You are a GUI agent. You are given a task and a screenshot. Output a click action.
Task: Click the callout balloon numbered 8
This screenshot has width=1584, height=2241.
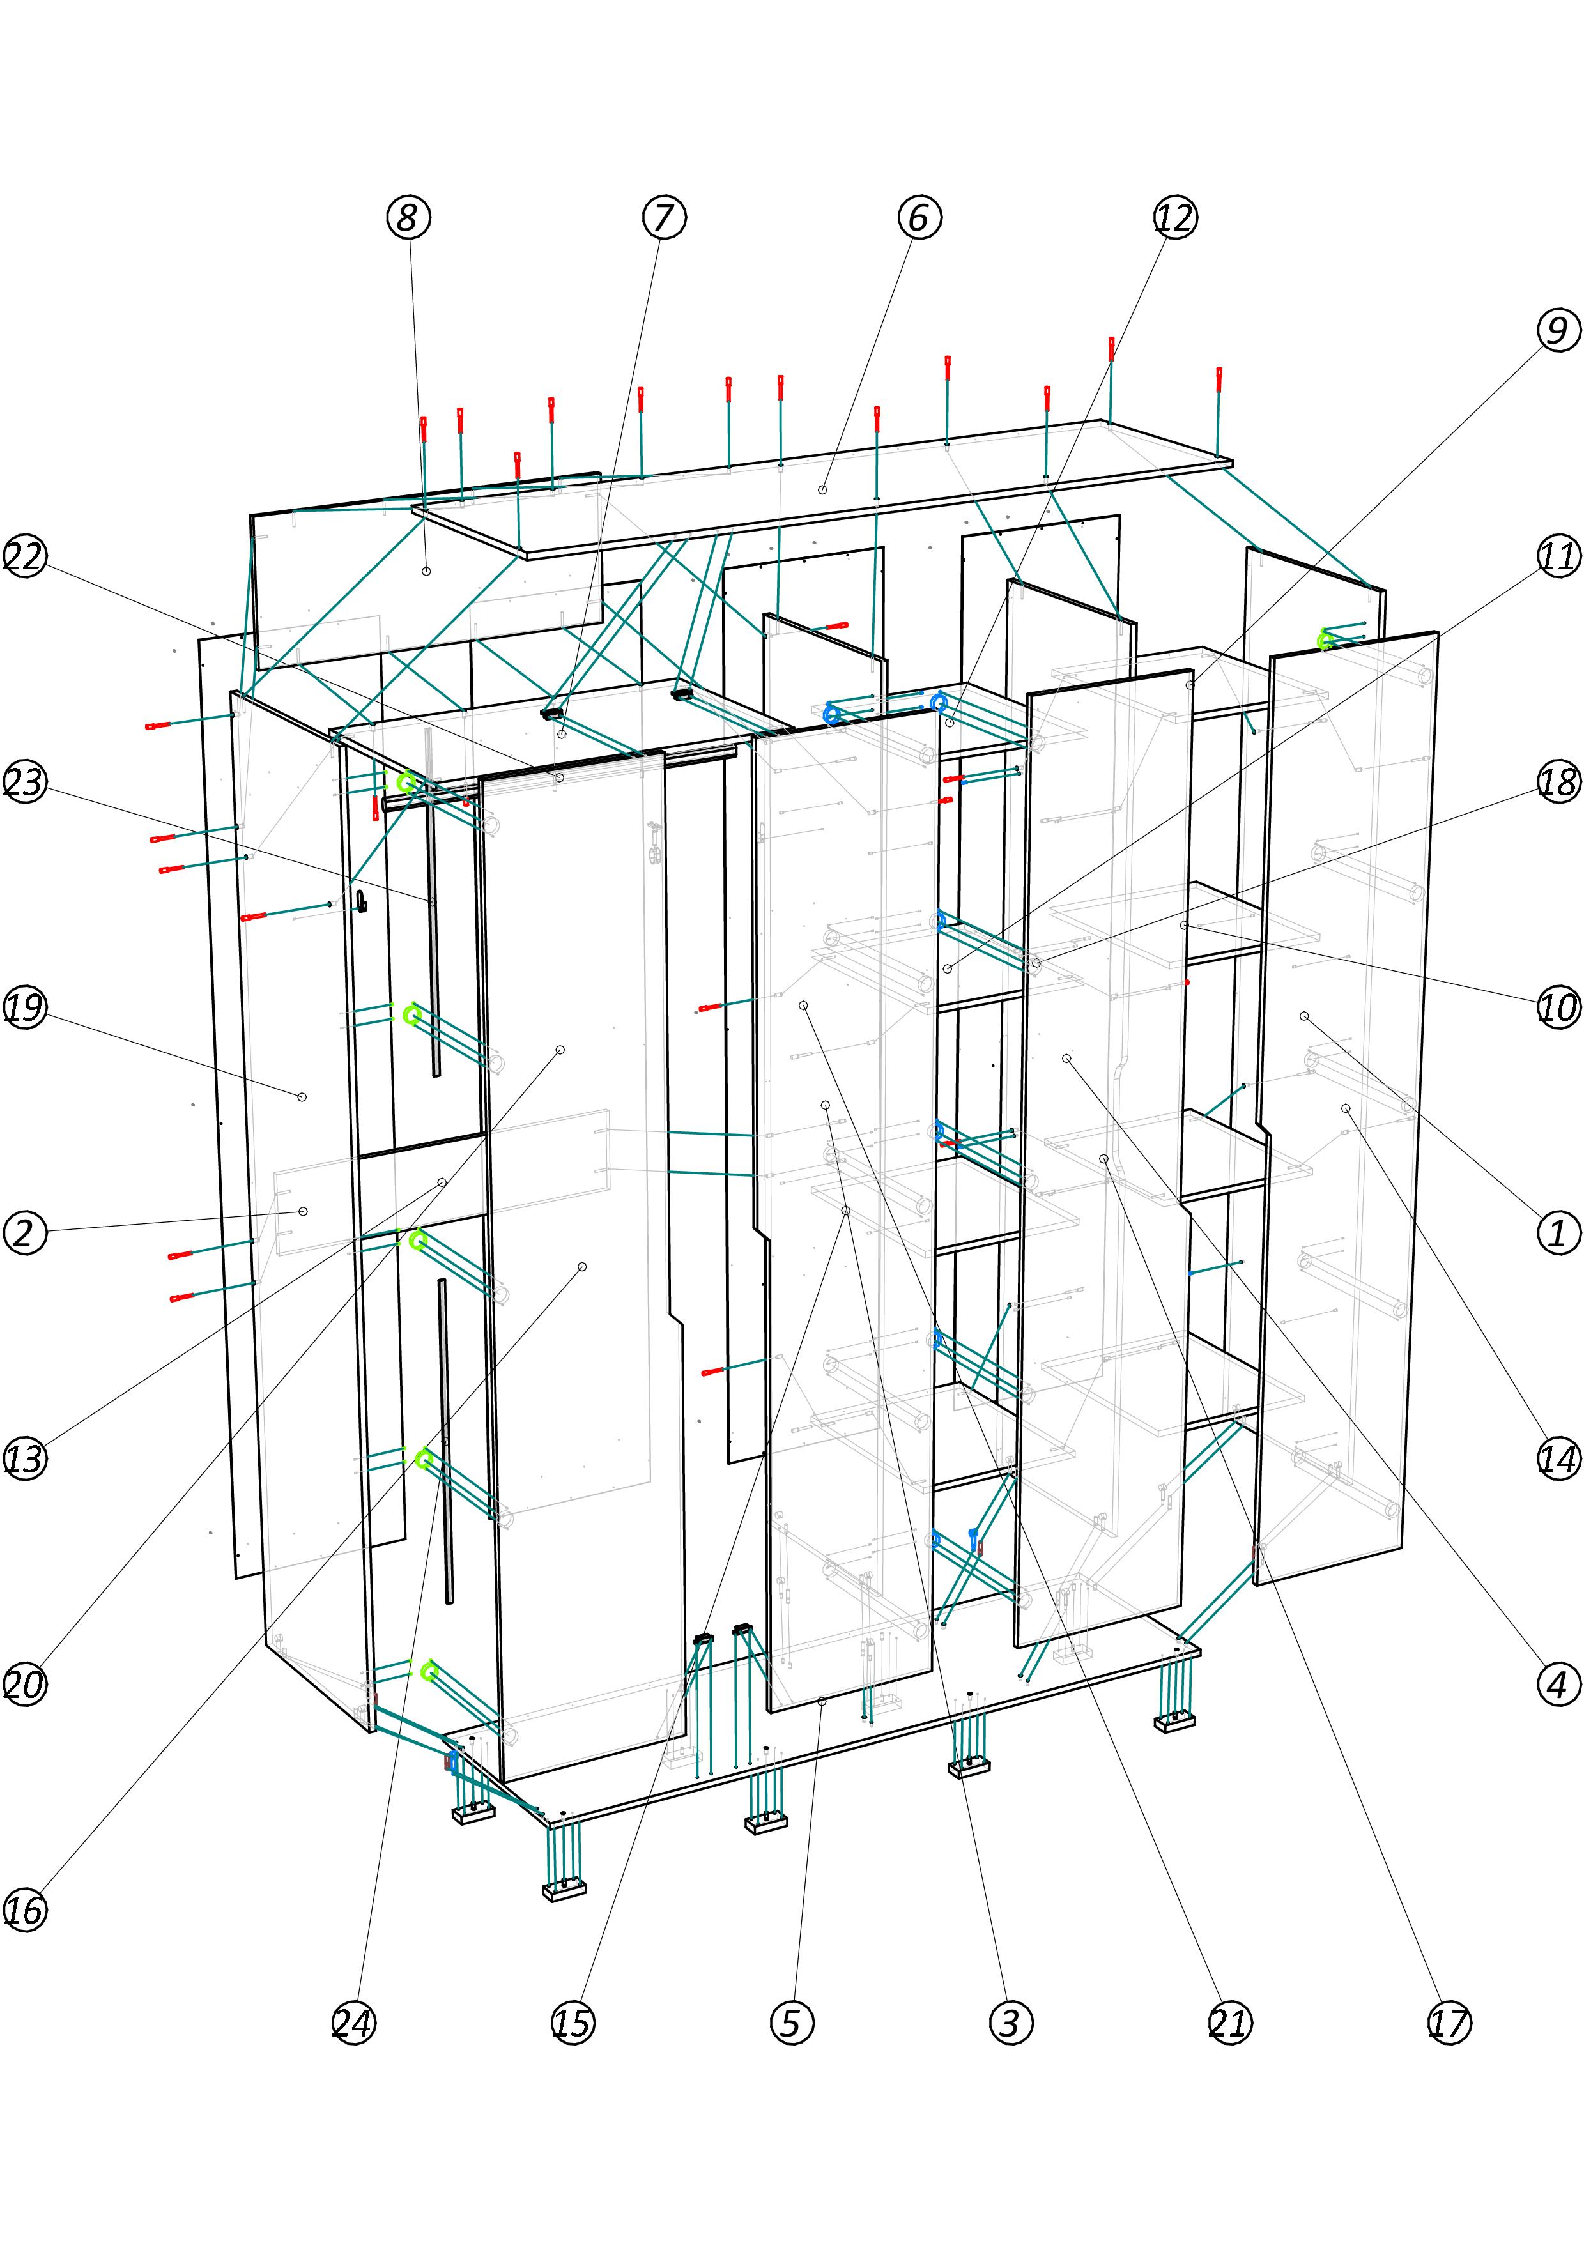(x=408, y=217)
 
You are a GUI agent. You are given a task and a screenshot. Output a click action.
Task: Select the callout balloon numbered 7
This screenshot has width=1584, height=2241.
(x=664, y=217)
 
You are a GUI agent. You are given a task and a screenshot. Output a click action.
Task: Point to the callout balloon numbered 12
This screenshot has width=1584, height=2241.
(x=1174, y=217)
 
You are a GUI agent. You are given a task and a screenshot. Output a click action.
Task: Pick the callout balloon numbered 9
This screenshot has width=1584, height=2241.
(x=1558, y=330)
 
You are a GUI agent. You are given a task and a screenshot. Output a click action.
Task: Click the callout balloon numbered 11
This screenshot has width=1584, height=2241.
(x=1558, y=555)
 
